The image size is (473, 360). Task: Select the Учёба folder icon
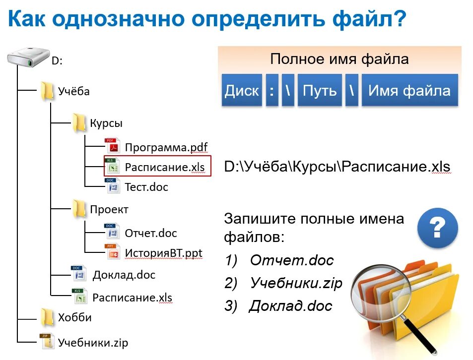click(47, 91)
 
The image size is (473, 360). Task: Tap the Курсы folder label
click(106, 123)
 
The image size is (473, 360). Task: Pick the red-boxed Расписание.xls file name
click(165, 167)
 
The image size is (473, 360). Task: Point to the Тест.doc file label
click(146, 187)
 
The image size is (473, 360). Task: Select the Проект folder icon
click(79, 209)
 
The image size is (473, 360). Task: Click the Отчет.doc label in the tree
click(151, 233)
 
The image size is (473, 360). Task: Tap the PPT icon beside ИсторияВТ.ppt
click(113, 252)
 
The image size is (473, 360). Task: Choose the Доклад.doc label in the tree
click(124, 275)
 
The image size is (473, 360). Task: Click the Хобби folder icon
click(47, 317)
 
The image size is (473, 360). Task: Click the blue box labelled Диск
click(242, 91)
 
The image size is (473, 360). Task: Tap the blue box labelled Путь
click(320, 91)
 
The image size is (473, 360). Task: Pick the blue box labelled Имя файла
click(409, 91)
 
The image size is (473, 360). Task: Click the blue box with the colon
click(271, 91)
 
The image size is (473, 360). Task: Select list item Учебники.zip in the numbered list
click(296, 283)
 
